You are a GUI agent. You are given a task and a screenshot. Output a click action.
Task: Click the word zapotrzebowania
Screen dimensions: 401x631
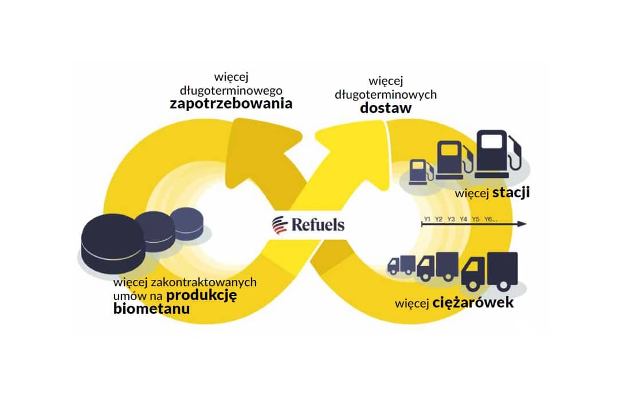pyautogui.click(x=230, y=104)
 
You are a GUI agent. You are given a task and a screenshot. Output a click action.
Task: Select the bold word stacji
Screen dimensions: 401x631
pyautogui.click(x=511, y=193)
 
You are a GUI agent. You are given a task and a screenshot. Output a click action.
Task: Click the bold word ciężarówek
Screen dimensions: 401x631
pyautogui.click(x=473, y=302)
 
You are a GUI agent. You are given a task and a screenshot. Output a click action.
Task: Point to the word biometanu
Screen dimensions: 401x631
pyautogui.click(x=151, y=309)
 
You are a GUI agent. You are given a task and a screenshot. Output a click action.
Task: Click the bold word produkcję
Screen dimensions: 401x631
pyautogui.click(x=201, y=295)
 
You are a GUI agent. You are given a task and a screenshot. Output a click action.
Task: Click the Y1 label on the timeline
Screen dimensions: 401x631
pyautogui.click(x=427, y=219)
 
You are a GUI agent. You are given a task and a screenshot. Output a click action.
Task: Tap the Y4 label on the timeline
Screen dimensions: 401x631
pyautogui.click(x=464, y=219)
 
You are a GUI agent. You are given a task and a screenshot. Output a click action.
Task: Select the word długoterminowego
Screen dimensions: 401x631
pyautogui.click(x=230, y=90)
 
